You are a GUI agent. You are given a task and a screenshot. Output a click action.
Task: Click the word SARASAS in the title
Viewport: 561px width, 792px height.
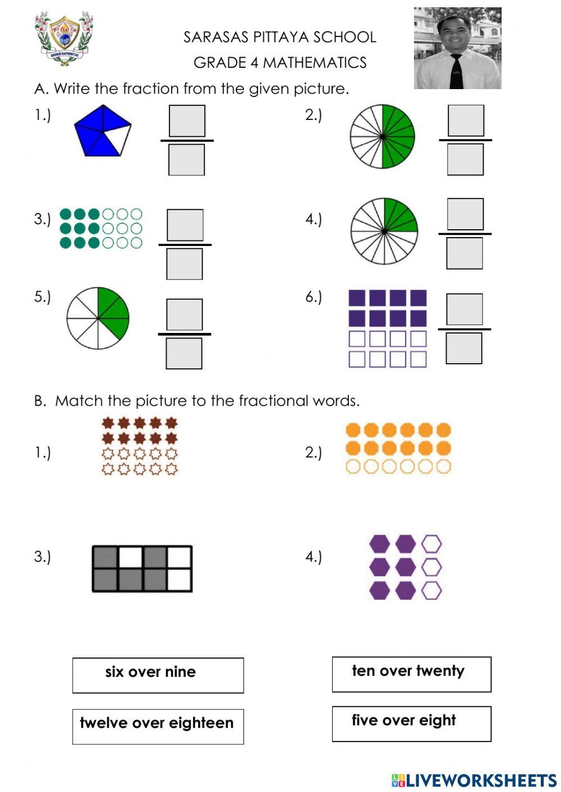[215, 37]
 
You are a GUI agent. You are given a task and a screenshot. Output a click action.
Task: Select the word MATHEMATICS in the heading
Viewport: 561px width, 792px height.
[315, 63]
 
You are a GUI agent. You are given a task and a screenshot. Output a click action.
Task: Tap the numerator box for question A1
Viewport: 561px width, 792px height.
[187, 121]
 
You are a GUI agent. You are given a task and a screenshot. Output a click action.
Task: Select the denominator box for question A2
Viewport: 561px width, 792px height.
[465, 159]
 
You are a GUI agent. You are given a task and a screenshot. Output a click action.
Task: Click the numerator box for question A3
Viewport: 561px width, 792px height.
[185, 225]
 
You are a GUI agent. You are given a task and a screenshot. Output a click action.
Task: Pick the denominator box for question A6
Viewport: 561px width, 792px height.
[463, 348]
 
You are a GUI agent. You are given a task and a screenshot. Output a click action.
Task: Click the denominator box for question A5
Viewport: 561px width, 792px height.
[184, 354]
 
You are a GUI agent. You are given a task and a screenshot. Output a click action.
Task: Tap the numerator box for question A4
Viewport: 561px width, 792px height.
[465, 214]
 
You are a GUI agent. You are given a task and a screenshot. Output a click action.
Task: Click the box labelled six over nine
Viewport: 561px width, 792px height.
[158, 675]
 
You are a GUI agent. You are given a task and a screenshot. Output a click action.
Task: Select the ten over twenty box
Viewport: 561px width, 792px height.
[412, 674]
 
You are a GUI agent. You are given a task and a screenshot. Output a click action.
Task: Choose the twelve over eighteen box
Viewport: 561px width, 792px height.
[158, 726]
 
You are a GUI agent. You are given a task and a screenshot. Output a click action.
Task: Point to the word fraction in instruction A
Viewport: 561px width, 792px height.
[151, 89]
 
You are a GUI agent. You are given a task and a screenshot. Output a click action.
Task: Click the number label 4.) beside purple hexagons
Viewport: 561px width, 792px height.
[314, 557]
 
